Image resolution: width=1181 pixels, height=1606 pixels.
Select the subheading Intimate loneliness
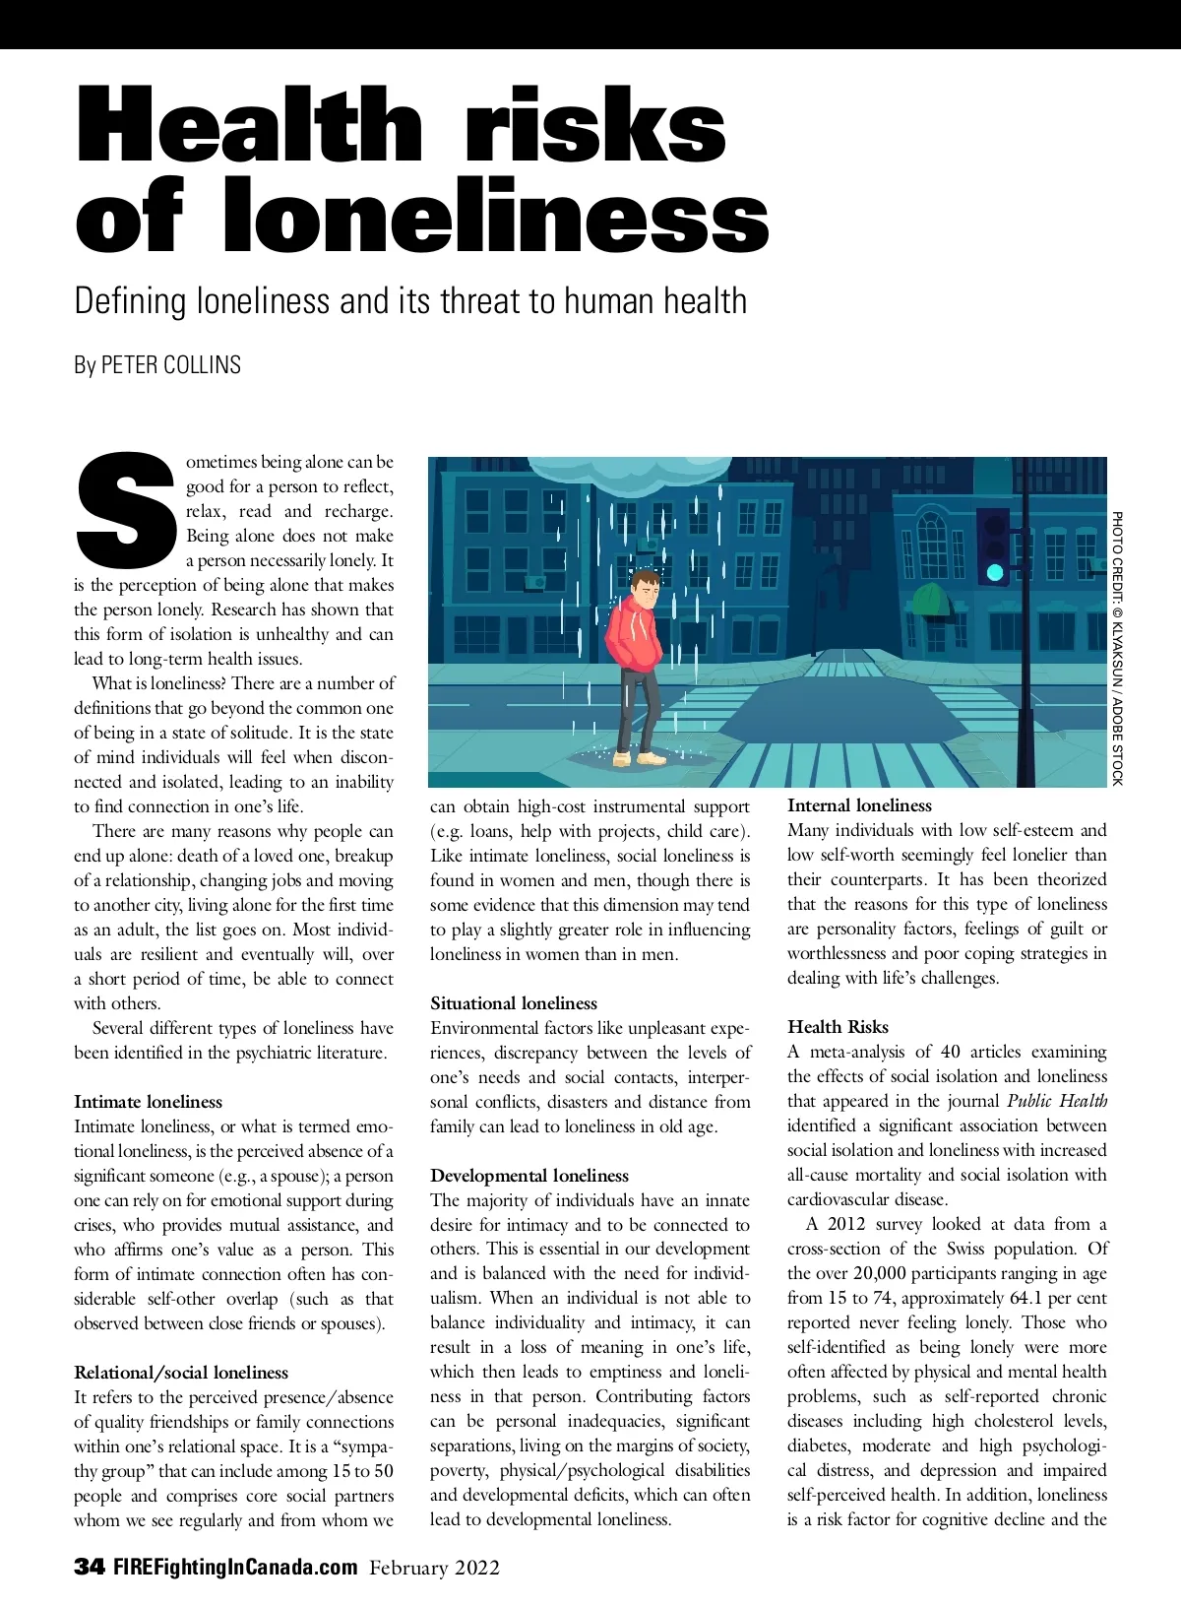[x=148, y=1102]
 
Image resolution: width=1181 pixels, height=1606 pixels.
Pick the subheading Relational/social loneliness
[x=181, y=1373]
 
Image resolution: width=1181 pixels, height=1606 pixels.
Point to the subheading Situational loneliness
[x=513, y=1003]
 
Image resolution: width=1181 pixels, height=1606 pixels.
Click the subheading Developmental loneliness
[x=528, y=1176]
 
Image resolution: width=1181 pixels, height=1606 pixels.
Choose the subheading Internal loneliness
[x=859, y=805]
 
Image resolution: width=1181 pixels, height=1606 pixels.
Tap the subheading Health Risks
[x=838, y=1027]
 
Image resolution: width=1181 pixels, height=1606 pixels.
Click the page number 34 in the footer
[x=90, y=1568]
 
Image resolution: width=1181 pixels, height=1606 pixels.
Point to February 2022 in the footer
[x=434, y=1568]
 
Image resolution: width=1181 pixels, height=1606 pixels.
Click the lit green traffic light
[x=995, y=571]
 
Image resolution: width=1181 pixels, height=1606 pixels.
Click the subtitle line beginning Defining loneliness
[x=410, y=300]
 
